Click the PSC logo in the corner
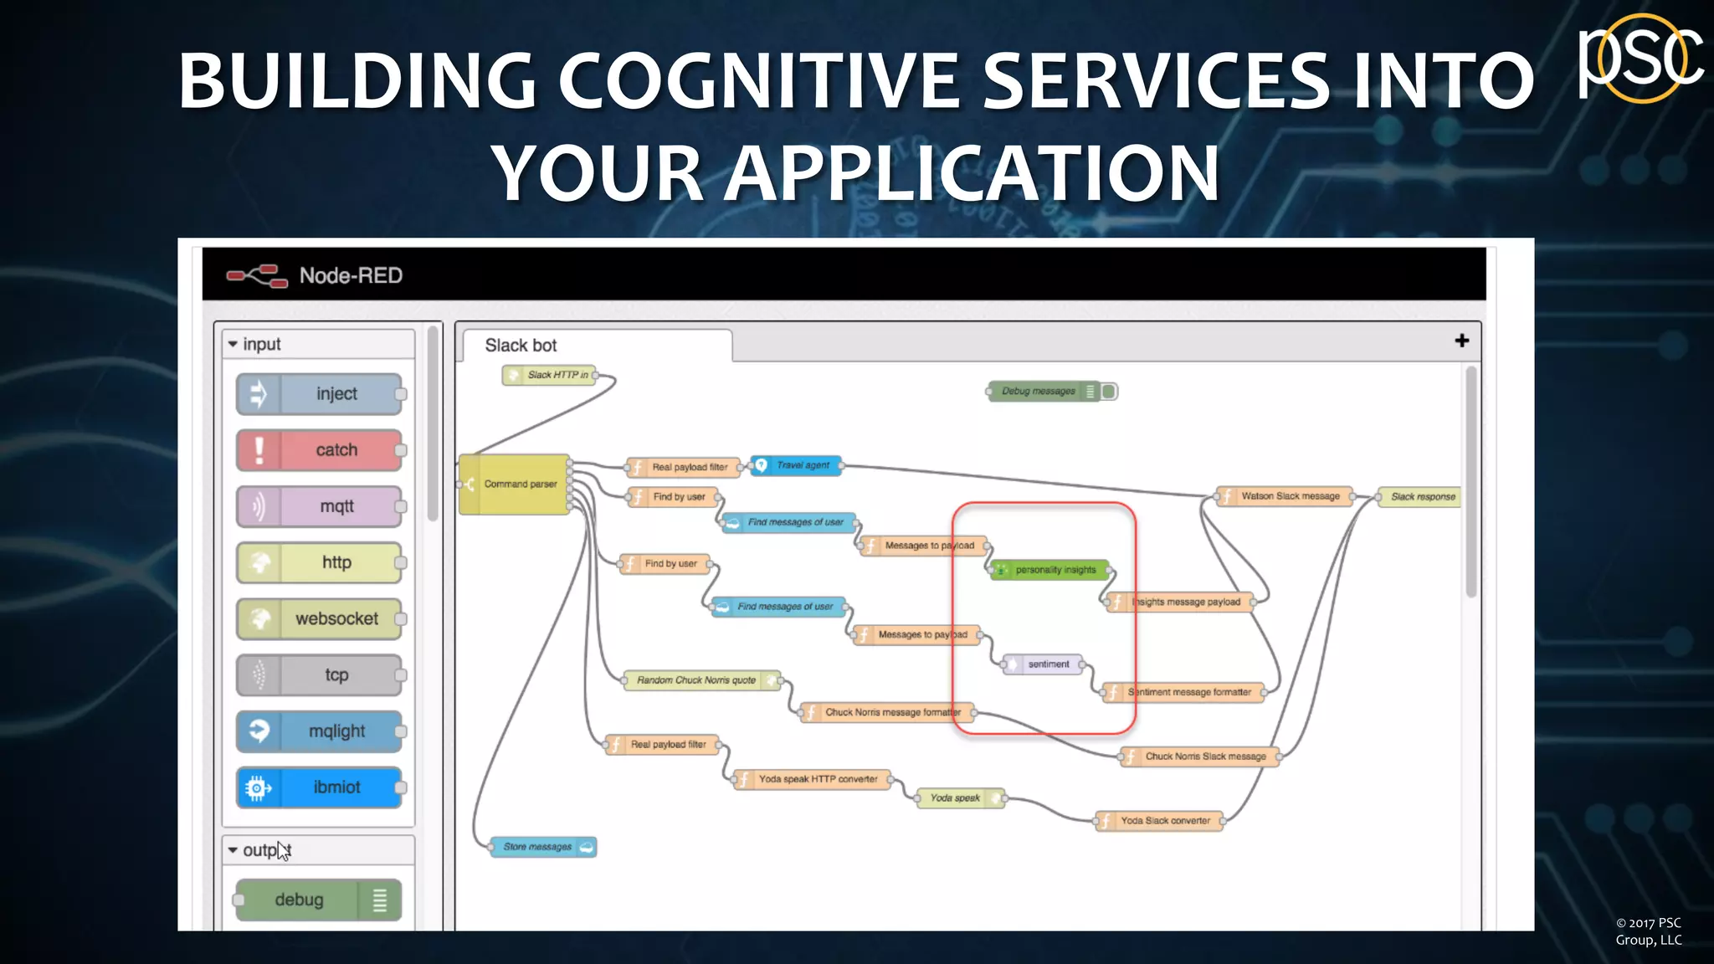point(1640,59)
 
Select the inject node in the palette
point(320,394)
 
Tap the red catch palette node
point(320,450)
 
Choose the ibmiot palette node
point(320,787)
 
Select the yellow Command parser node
point(515,484)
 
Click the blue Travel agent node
point(796,465)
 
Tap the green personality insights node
point(1050,570)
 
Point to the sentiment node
point(1043,664)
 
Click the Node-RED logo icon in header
point(257,275)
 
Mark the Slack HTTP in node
point(550,375)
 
